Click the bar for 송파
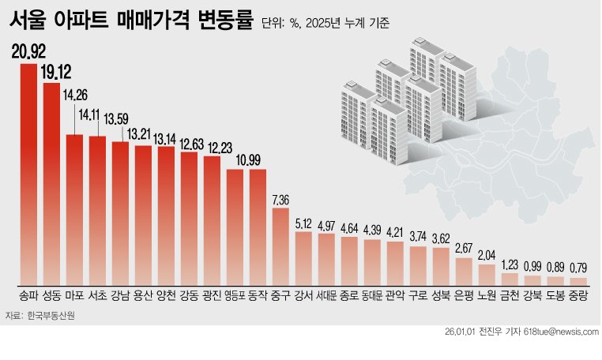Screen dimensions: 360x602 click(28, 174)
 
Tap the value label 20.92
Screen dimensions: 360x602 click(28, 53)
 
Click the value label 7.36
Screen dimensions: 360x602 click(281, 197)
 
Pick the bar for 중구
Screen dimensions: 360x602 click(280, 246)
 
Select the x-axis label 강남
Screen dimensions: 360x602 click(120, 297)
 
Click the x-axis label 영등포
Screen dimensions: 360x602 click(235, 297)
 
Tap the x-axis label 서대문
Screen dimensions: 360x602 click(326, 297)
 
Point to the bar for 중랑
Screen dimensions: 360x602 click(579, 280)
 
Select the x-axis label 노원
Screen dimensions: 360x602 click(487, 297)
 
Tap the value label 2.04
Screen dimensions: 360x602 click(487, 254)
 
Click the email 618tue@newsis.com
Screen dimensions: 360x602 click(560, 332)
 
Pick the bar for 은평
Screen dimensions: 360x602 click(465, 271)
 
